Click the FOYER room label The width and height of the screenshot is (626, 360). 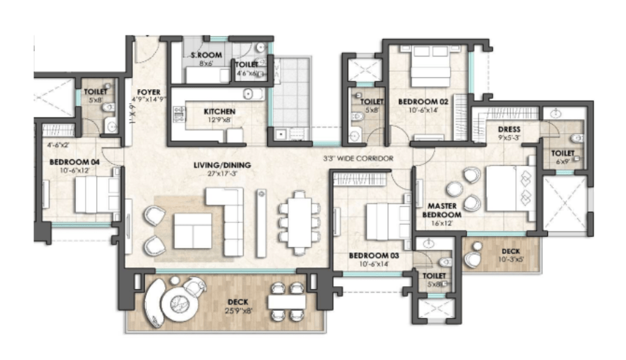149,92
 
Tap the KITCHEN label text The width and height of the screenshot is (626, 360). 219,111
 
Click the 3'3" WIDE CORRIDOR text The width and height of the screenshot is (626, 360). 358,159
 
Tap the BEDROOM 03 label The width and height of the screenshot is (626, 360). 374,256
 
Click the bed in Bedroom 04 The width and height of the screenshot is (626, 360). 97,194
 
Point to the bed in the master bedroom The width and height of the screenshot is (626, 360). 508,188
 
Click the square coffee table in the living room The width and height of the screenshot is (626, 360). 192,230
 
